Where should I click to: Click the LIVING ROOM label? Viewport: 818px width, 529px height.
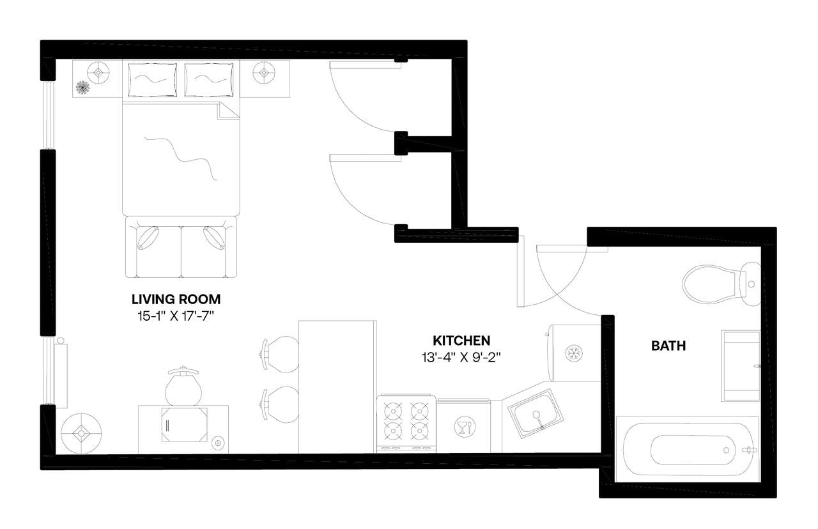176,298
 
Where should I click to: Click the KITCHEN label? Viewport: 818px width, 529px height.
461,340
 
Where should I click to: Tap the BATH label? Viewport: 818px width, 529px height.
668,346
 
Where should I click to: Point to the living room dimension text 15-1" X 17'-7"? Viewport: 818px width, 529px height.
176,315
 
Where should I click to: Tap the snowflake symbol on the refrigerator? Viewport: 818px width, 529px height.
574,353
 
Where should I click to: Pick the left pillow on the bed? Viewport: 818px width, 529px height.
152,79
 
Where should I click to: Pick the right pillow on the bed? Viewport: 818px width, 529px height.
209,79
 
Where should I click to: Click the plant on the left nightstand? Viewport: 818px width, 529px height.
82,88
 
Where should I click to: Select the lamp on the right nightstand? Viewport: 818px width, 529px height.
263,73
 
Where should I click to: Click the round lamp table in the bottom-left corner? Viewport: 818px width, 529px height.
81,433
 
